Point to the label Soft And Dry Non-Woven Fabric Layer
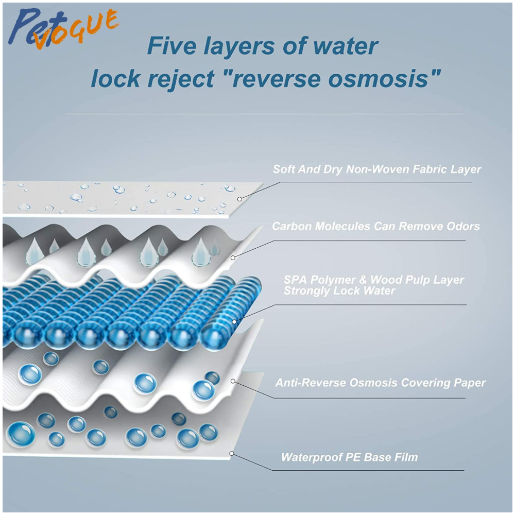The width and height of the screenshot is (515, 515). (377, 169)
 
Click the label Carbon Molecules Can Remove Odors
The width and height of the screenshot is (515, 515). (376, 226)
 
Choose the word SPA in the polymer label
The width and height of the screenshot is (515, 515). (295, 280)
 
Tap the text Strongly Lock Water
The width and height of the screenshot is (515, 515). (339, 290)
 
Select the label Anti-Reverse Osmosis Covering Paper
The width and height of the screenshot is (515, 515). (381, 383)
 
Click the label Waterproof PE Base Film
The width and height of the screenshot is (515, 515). (350, 457)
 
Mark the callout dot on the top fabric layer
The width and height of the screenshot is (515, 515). (240, 199)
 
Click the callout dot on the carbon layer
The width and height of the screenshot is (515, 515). (233, 258)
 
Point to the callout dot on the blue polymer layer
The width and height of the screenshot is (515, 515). (234, 322)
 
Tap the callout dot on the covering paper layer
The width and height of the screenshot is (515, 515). (233, 381)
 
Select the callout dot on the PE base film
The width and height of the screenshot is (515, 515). (232, 454)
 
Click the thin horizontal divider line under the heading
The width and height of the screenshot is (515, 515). (264, 114)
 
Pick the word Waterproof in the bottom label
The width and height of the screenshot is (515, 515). (310, 457)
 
